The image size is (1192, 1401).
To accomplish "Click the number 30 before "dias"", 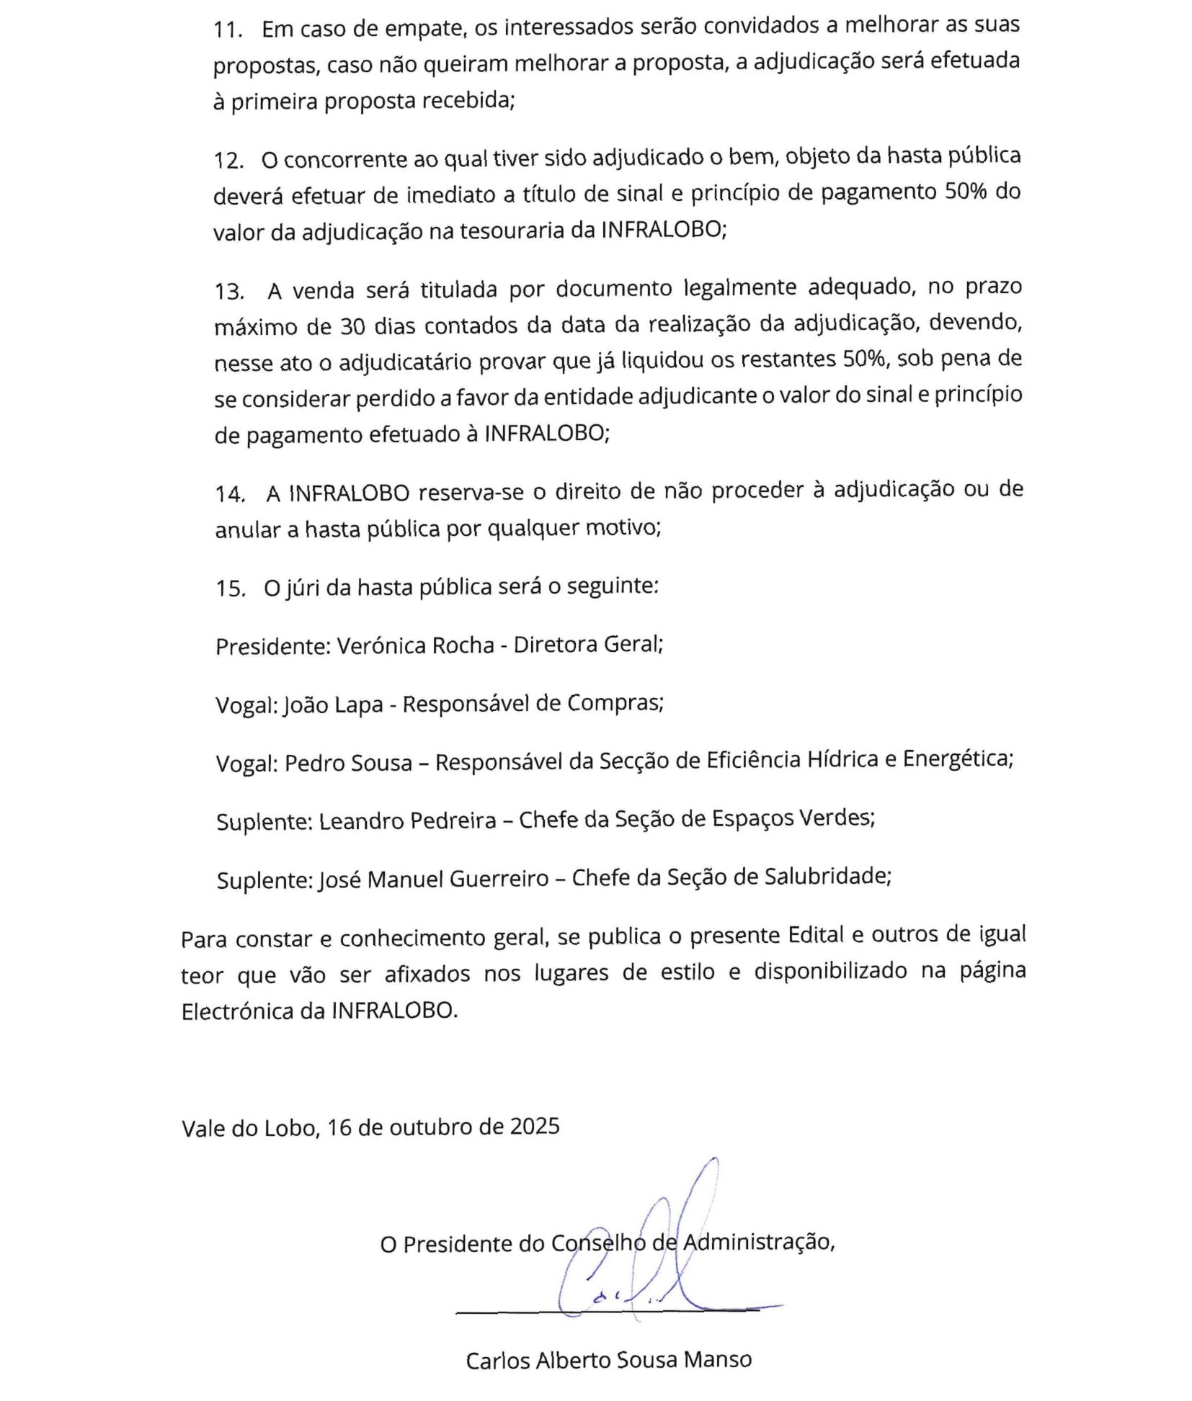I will [352, 326].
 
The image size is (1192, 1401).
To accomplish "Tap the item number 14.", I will [229, 493].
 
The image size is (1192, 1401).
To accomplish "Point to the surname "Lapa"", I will [359, 704].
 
